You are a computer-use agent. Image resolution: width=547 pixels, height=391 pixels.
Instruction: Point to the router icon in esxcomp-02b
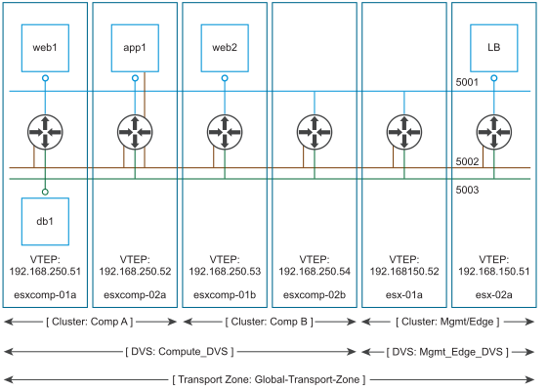pos(315,132)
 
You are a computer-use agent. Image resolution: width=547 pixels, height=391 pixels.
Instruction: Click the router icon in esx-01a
pos(404,132)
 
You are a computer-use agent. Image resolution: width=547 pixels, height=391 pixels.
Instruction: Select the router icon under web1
pos(45,132)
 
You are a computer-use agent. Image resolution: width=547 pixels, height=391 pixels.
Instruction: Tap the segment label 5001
pos(467,82)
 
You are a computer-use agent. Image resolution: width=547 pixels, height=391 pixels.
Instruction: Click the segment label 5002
pos(467,161)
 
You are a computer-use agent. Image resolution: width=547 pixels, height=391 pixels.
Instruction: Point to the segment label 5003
pos(467,190)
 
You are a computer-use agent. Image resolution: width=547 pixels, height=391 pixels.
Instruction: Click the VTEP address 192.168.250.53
pos(225,272)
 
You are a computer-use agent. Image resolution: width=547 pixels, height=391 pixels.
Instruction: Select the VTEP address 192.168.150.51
pos(494,272)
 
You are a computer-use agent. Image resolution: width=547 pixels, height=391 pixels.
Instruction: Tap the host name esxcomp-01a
pos(45,295)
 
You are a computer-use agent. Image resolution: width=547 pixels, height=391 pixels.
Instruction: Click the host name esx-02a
pos(494,295)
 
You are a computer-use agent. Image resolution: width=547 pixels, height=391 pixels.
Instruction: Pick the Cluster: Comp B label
pos(270,322)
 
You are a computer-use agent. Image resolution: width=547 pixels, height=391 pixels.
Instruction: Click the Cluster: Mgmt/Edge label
pos(447,322)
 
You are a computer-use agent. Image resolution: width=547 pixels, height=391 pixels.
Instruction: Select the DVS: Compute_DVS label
pos(180,352)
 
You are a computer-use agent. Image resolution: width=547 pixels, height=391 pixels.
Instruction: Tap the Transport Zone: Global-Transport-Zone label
pos(269,379)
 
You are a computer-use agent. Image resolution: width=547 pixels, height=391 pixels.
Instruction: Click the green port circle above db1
pos(45,192)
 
